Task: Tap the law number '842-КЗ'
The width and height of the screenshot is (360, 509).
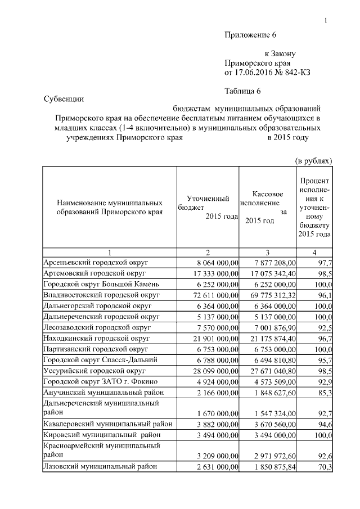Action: point(297,73)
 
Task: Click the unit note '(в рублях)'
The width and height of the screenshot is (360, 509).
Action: point(313,161)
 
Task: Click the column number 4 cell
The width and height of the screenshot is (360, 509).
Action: point(314,252)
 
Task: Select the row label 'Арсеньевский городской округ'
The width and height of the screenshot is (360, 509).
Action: point(91,262)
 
